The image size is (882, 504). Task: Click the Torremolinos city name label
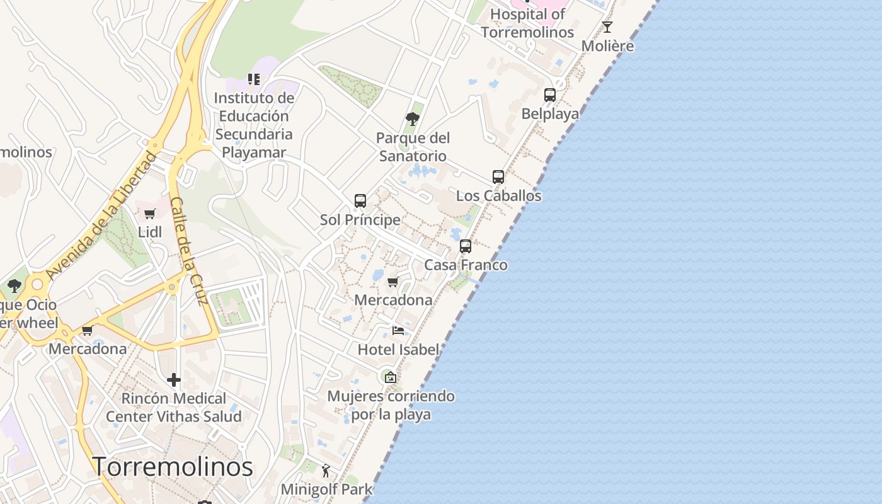[173, 467]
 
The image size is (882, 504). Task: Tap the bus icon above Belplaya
[550, 95]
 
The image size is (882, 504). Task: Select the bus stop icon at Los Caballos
[498, 177]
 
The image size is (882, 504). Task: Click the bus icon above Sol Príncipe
[360, 201]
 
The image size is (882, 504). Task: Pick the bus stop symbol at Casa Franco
[466, 246]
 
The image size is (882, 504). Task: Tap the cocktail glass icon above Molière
[607, 27]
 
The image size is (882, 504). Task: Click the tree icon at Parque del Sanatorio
[413, 118]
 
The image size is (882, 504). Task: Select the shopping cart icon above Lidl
[150, 214]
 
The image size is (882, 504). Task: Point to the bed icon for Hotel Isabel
[398, 330]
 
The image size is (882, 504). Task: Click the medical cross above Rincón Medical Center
[174, 380]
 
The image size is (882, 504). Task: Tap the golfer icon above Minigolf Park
[326, 471]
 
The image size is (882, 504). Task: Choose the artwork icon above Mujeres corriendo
[391, 377]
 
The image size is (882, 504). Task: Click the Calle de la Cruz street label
[190, 251]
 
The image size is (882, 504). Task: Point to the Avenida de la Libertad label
[101, 215]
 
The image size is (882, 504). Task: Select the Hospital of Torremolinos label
[528, 23]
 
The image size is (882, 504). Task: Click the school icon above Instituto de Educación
[254, 79]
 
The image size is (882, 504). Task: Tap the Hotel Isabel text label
[398, 350]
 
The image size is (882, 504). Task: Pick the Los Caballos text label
[498, 196]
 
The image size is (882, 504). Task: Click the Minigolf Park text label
[326, 490]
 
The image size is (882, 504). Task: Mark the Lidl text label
[150, 232]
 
